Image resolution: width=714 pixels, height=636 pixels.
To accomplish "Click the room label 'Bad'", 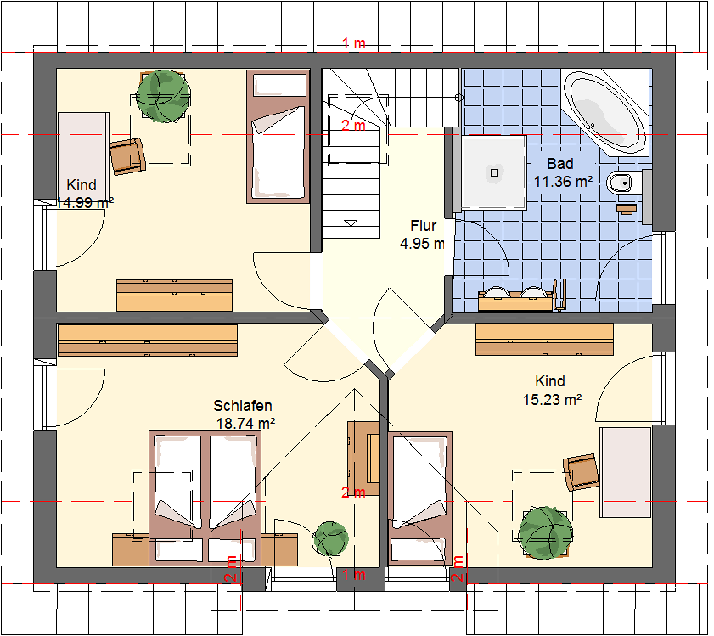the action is (560, 164).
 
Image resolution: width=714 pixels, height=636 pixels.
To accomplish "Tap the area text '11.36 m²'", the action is (563, 182).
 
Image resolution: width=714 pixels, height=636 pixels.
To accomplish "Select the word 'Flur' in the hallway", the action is (423, 226).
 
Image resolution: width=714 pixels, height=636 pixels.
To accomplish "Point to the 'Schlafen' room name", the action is (243, 406).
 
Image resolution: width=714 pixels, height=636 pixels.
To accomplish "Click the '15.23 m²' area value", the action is (552, 400).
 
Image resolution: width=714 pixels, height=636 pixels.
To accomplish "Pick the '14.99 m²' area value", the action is (84, 202).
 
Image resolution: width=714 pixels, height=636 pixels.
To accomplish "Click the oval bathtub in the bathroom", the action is (604, 113).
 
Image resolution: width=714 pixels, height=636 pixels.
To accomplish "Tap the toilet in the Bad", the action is (624, 183).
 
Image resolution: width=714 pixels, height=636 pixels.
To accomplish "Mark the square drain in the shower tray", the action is (494, 172).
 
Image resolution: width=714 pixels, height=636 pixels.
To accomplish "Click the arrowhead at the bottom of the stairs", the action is (351, 222).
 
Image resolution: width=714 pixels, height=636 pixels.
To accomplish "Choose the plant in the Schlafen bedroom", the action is (330, 539).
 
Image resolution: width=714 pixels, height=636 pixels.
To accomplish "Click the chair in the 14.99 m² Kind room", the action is (127, 156).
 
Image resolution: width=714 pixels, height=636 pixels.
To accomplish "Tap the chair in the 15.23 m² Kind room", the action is (581, 472).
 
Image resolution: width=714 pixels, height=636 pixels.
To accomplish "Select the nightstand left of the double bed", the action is (131, 549).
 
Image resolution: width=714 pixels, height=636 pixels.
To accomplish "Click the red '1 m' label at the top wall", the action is (354, 43).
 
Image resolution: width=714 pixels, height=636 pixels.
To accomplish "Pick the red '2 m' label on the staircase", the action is (353, 126).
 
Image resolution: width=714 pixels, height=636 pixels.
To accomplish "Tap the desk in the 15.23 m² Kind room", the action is (626, 472).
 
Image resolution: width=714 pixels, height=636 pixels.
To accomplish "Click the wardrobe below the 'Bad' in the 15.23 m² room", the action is (544, 340).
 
